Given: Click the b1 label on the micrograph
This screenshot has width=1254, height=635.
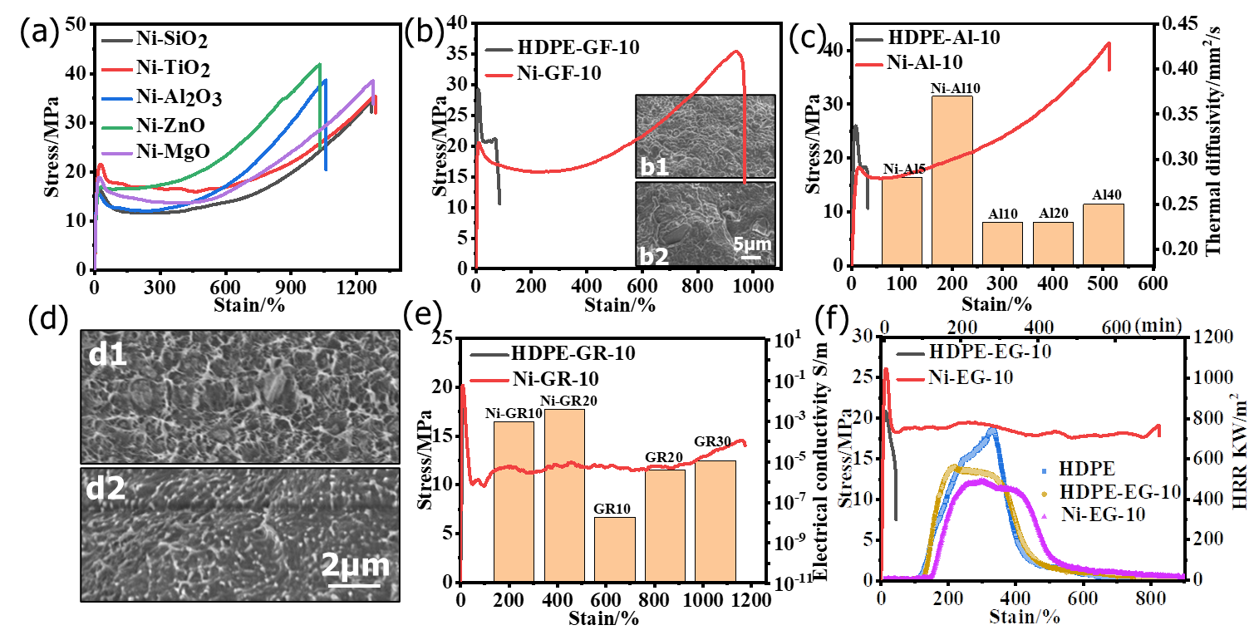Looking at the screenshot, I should pos(655,166).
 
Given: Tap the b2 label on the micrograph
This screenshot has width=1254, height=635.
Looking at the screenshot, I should pos(655,255).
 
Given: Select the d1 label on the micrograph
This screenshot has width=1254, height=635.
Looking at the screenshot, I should pos(109,355).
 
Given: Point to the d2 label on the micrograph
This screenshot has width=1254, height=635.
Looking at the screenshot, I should pos(106,488).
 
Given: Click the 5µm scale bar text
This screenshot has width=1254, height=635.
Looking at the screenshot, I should pos(751,244).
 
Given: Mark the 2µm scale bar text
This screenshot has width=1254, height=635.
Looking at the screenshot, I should pos(355,565).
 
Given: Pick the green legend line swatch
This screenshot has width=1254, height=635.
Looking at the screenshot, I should pos(117,127).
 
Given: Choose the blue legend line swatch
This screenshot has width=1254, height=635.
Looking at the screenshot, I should pos(117,99).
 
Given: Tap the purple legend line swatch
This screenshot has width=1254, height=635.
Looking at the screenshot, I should pos(117,154).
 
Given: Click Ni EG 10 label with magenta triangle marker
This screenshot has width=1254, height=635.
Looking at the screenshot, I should pos(1104,514).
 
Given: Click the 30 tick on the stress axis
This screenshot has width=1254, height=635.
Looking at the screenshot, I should pos(863,335).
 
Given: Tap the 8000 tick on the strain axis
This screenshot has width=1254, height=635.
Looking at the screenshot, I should pos(1149,598).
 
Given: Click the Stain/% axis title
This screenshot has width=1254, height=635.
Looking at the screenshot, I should pos(1025,616).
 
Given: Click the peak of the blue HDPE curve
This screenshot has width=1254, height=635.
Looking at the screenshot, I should pos(992,430).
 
